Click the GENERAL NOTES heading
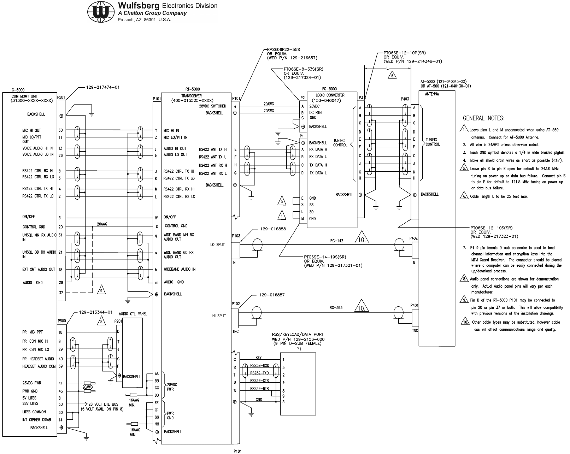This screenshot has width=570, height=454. point(484,118)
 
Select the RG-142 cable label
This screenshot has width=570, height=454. point(336,241)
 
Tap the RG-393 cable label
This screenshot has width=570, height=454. point(336,307)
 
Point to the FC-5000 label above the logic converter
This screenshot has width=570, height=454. point(329,89)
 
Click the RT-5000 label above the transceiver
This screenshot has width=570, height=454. point(192,89)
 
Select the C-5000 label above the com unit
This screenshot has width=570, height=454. point(18,90)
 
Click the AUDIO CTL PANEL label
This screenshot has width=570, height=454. point(133,314)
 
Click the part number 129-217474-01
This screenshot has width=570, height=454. point(103,87)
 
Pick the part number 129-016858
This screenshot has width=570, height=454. point(273,229)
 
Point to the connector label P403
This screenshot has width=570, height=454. point(405,99)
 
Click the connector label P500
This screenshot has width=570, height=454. point(62,321)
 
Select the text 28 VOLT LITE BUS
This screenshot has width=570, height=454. point(103,404)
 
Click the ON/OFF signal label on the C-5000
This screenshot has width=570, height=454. point(29,217)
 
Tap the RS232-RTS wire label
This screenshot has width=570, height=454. point(259,389)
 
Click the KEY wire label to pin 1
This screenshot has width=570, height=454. point(259,358)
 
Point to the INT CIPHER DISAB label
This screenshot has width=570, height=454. point(36,420)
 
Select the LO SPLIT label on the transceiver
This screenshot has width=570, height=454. point(217,245)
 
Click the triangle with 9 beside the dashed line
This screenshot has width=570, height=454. point(101,290)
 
